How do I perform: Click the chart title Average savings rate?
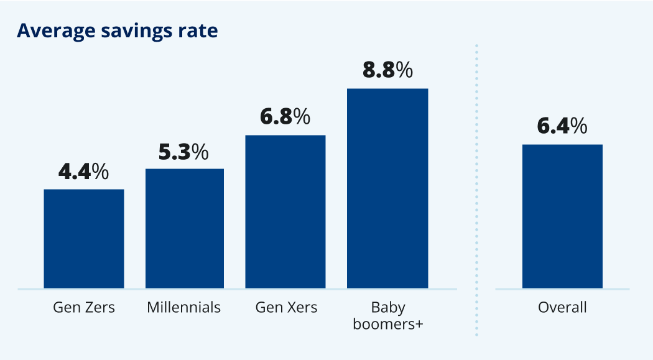coord(117,30)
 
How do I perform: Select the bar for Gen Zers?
coord(84,239)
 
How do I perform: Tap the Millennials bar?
coord(185,229)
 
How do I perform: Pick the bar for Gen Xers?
coord(285,212)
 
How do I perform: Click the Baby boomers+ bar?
coord(387,188)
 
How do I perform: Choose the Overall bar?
coord(562,216)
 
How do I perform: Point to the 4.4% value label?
coord(83,172)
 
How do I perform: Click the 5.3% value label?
coord(184,152)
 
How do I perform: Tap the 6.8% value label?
coord(285,117)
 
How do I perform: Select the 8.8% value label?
coord(387,70)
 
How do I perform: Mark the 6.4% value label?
coord(562,126)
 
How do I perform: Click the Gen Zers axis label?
coord(84,307)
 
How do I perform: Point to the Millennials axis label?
coord(184,307)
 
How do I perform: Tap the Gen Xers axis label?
coord(286,307)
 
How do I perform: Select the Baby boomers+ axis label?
coord(388,315)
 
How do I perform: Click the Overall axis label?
coord(562,307)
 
